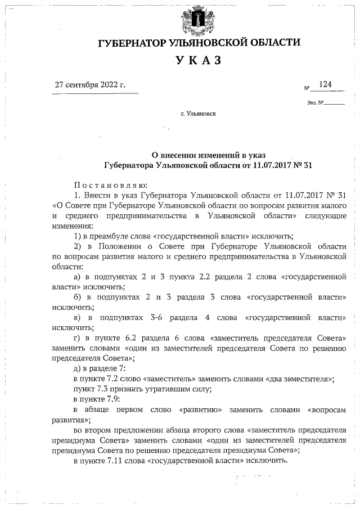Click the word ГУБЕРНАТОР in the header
131,43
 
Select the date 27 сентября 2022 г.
89,85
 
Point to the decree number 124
325,84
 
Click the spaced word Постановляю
110,184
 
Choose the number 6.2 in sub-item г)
138,339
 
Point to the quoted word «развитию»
199,409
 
